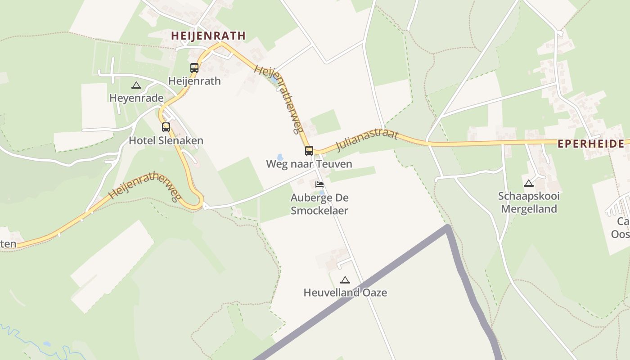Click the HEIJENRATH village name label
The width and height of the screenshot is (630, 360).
[208, 36]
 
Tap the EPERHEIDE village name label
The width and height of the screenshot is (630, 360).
[591, 144]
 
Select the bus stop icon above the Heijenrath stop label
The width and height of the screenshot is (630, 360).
[194, 68]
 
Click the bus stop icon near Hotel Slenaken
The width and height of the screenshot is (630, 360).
[166, 127]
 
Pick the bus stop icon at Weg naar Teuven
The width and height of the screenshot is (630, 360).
[309, 151]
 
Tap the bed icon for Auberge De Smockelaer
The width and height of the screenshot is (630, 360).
[319, 184]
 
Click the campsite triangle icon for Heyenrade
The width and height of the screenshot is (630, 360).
[136, 85]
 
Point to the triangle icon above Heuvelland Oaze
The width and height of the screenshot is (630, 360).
[345, 280]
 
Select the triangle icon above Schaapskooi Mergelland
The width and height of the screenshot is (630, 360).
[529, 183]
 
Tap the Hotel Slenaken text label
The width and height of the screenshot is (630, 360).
[166, 140]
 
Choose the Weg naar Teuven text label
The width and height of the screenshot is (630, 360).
[309, 164]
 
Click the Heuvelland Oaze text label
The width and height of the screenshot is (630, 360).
[345, 292]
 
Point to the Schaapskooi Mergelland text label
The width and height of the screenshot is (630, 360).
[529, 202]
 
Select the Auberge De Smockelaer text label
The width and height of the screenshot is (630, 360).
[319, 204]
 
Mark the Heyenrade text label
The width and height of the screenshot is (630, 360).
[136, 98]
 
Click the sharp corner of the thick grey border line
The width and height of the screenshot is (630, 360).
[447, 227]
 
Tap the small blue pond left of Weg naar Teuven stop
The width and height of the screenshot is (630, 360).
[280, 157]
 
